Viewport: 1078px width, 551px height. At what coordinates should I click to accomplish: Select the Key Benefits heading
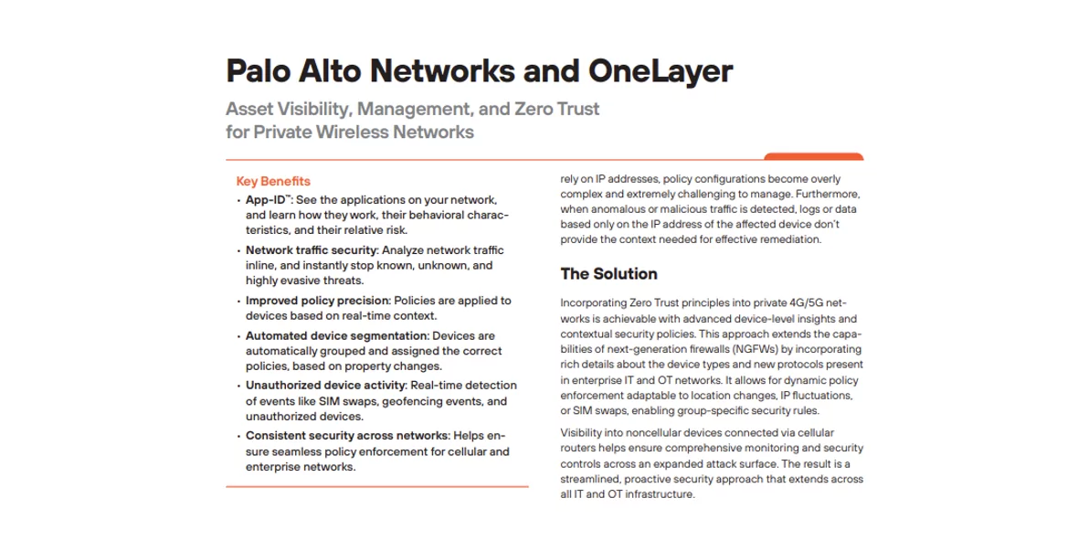coord(273,181)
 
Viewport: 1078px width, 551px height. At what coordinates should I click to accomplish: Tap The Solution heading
coord(608,273)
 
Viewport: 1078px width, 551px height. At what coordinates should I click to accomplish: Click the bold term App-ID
coord(265,199)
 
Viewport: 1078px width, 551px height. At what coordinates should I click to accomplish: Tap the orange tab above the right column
coord(813,156)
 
